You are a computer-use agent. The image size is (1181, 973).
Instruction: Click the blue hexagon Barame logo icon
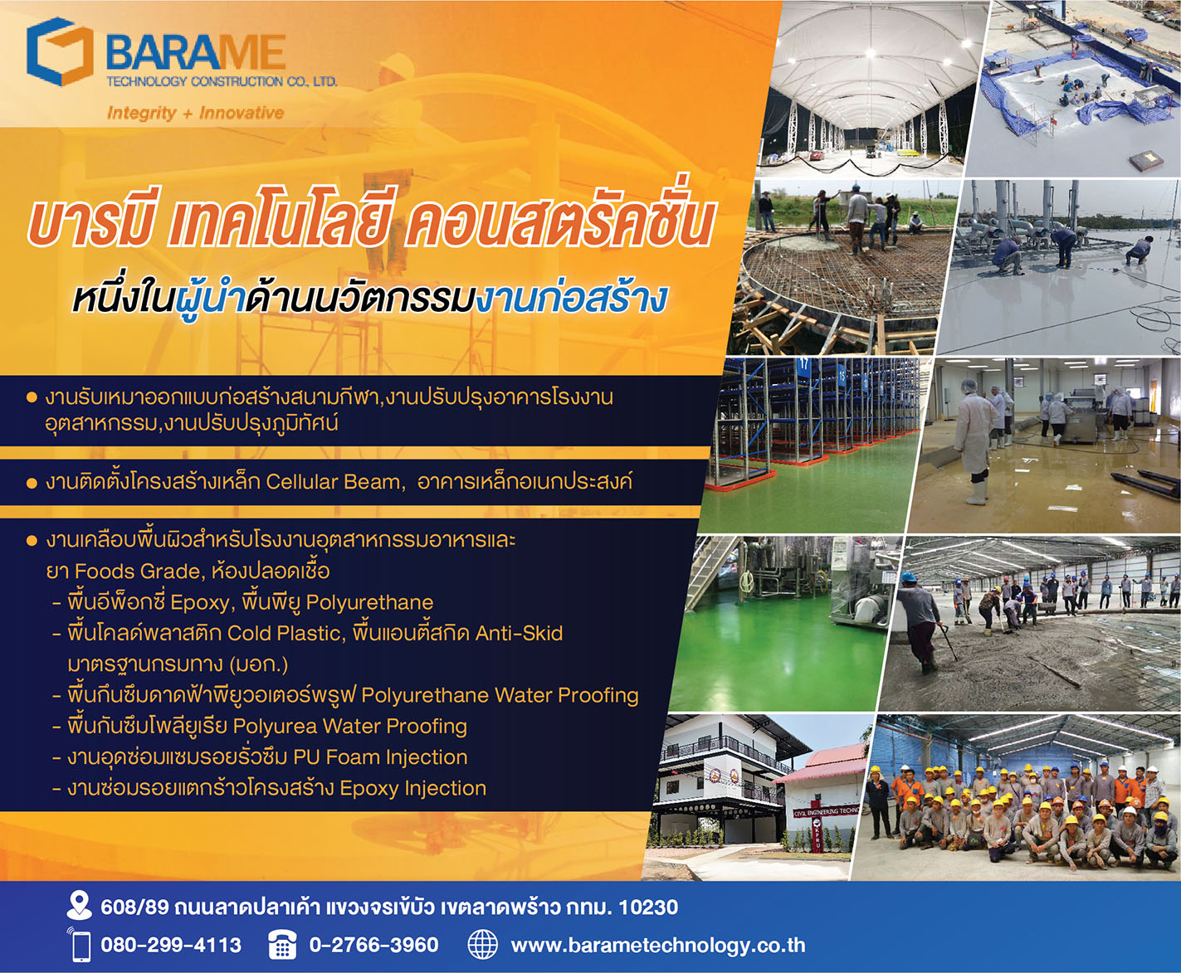[x=60, y=51]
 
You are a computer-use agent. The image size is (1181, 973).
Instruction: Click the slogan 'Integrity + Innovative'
[x=195, y=113]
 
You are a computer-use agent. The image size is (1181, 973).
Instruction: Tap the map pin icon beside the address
[x=79, y=906]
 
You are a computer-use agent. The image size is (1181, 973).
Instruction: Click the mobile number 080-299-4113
[x=171, y=945]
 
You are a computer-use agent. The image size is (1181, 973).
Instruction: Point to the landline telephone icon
[x=282, y=945]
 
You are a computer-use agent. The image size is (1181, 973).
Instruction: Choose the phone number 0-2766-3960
[x=373, y=945]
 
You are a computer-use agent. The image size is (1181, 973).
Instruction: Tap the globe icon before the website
[x=482, y=945]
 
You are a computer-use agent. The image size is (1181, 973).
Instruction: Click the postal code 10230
[x=648, y=907]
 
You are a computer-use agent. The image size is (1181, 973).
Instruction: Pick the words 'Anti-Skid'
[x=519, y=633]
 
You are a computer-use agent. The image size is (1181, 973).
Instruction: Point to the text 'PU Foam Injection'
[x=380, y=757]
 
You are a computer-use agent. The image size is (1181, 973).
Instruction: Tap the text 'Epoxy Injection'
[x=413, y=788]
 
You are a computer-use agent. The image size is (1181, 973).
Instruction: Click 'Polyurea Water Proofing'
[x=350, y=726]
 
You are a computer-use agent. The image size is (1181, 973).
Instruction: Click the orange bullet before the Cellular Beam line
[x=32, y=483]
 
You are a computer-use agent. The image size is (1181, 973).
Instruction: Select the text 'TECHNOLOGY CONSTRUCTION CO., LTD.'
[x=222, y=81]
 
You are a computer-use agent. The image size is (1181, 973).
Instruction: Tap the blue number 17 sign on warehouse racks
[x=803, y=365]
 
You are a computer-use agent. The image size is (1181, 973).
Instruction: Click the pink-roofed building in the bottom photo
[x=820, y=791]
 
